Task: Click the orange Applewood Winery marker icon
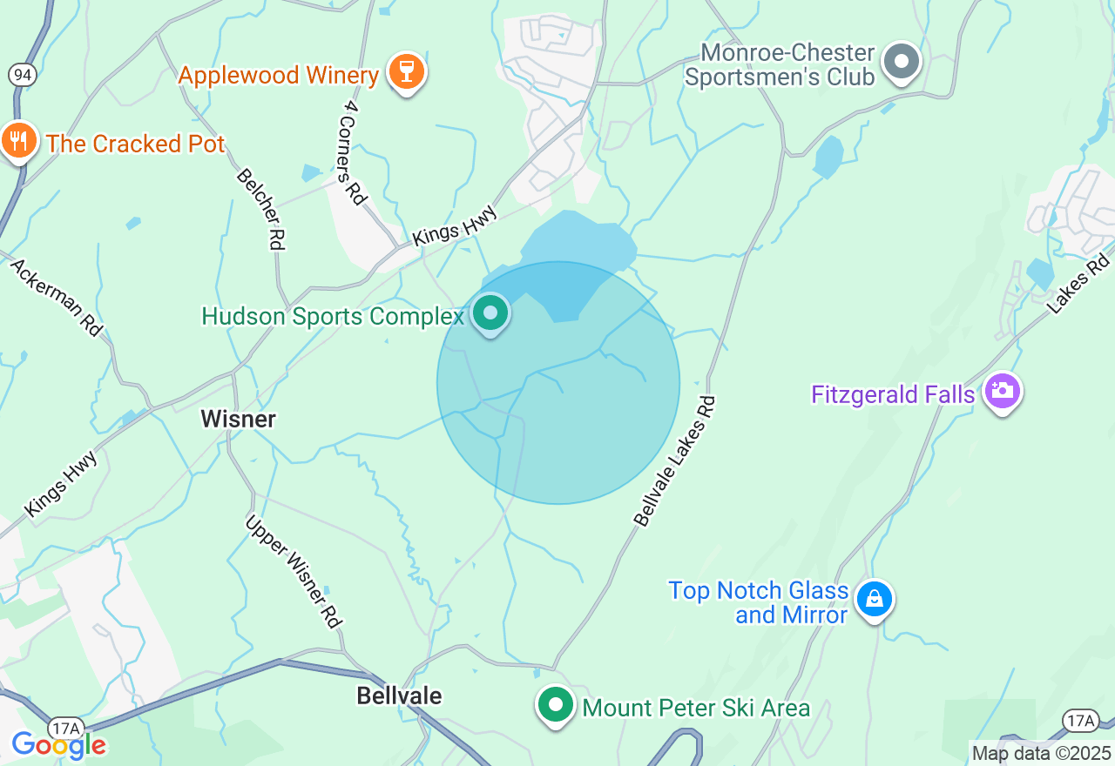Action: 405,71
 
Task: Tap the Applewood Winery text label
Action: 279,75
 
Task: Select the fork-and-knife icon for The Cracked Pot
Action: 17,141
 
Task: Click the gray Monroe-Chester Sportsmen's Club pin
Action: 902,63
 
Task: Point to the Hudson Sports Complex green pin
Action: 490,313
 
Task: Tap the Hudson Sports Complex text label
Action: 332,316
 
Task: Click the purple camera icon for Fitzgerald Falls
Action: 1002,392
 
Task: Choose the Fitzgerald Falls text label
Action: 892,395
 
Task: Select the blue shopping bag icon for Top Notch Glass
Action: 874,600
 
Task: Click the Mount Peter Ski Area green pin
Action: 555,706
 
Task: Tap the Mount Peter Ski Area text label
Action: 696,709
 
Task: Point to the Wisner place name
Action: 238,419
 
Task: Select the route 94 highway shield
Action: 23,75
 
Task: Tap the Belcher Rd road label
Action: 260,210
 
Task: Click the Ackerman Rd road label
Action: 57,297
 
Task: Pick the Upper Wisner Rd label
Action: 293,571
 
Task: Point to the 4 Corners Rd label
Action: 354,153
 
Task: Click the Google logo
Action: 58,745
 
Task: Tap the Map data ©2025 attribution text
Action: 1041,753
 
